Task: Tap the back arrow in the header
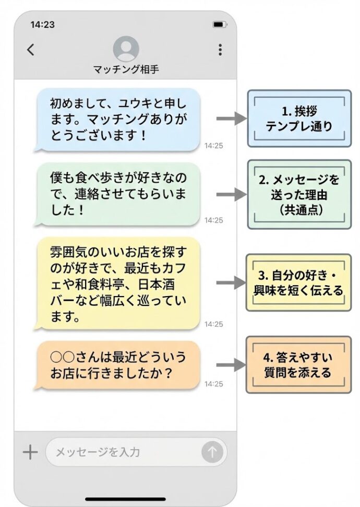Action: pyautogui.click(x=31, y=50)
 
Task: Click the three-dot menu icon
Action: pyautogui.click(x=220, y=50)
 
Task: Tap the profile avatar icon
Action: pyautogui.click(x=126, y=49)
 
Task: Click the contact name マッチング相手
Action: pyautogui.click(x=126, y=69)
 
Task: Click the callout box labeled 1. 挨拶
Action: pyautogui.click(x=299, y=119)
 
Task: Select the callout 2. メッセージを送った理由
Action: pyautogui.click(x=299, y=194)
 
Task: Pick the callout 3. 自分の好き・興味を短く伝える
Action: pyautogui.click(x=299, y=283)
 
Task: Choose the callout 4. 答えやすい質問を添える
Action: pyautogui.click(x=299, y=365)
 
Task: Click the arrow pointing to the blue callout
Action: pyautogui.click(x=230, y=119)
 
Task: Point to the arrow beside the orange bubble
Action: pyautogui.click(x=230, y=365)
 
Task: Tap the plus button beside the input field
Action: pyautogui.click(x=31, y=452)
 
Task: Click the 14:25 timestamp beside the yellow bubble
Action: pyautogui.click(x=213, y=324)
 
